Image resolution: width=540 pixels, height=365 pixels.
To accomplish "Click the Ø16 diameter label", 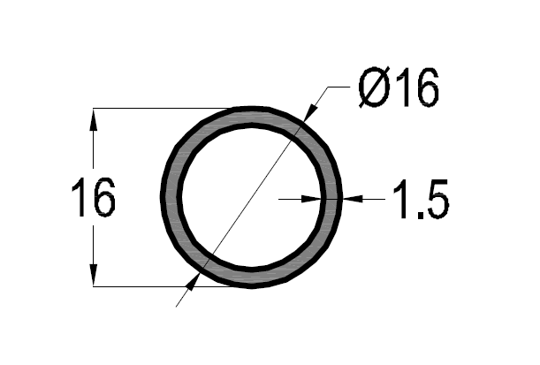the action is [x=399, y=87].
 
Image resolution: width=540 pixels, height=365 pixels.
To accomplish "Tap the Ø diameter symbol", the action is [x=375, y=87].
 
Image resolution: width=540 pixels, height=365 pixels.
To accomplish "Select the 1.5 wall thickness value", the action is [x=422, y=199].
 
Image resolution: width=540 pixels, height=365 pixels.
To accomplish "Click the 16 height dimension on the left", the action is [x=93, y=197].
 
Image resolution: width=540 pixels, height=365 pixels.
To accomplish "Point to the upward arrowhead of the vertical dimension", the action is [x=93, y=119].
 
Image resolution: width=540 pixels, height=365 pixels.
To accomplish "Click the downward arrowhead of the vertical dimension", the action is [x=93, y=275].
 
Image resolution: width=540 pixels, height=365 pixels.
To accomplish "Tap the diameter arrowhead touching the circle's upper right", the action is [x=310, y=111].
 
